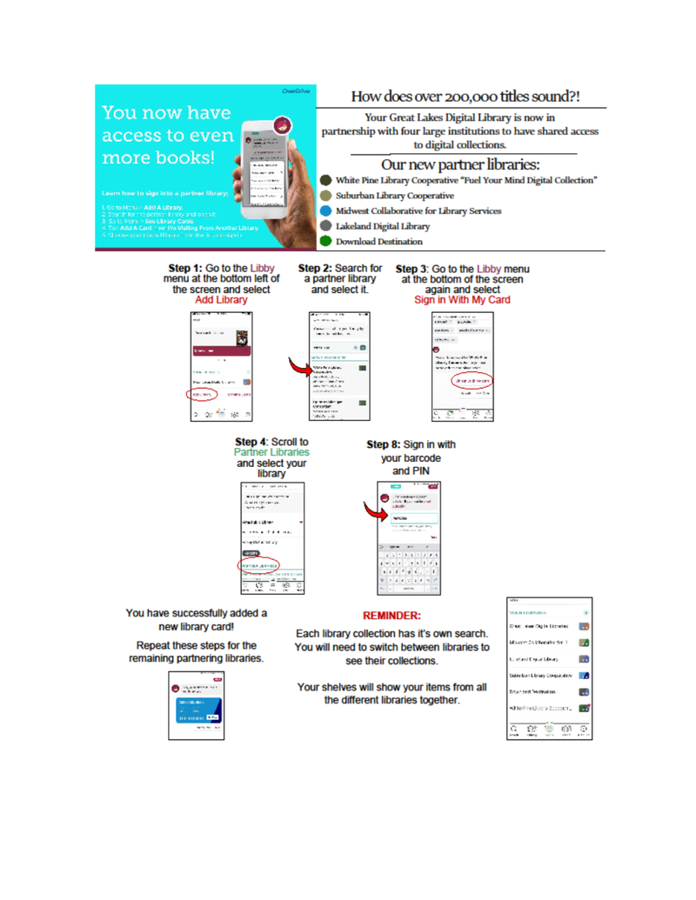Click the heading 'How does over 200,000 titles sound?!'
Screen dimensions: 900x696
465,95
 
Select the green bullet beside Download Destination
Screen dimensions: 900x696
325,241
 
